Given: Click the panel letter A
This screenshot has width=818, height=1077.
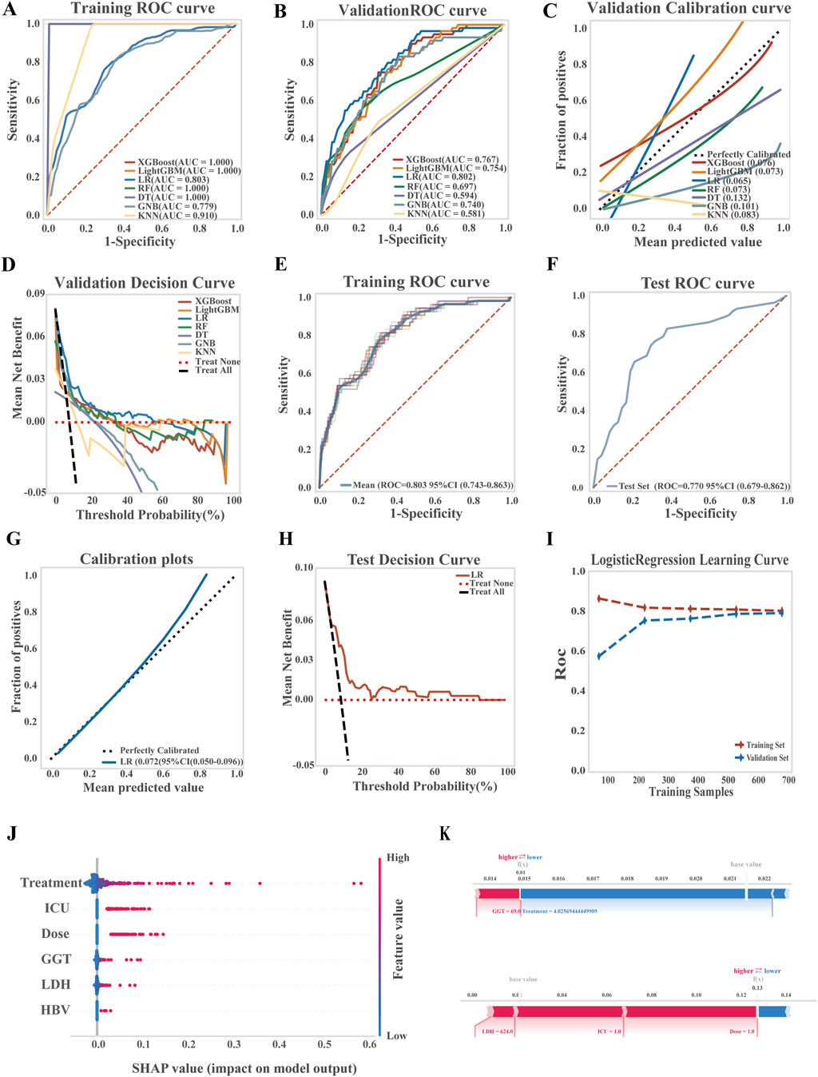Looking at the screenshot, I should pos(10,10).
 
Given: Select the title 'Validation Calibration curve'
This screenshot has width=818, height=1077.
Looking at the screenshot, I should pos(689,9).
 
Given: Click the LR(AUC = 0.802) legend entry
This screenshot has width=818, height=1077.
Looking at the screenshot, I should pos(441,177).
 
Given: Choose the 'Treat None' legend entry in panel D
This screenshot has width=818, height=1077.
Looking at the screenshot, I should pos(217,362).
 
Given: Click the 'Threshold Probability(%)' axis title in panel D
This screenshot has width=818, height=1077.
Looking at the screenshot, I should pos(150,515).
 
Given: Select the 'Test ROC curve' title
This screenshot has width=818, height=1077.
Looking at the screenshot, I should pos(697,284).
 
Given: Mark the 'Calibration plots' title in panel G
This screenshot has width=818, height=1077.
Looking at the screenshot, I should pos(137,559).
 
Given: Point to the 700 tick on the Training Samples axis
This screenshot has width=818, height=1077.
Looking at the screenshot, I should pos(788,780).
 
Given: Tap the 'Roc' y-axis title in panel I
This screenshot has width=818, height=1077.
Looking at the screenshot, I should pos(561,664).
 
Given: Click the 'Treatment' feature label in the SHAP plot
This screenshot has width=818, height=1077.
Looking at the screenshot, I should pos(51,883).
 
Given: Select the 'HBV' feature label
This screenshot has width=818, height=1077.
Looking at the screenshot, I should pos(55,1011).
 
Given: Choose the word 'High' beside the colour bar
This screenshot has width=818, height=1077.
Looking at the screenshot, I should pos(398,857).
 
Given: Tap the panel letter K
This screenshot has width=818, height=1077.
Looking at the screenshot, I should pos(445,834).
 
